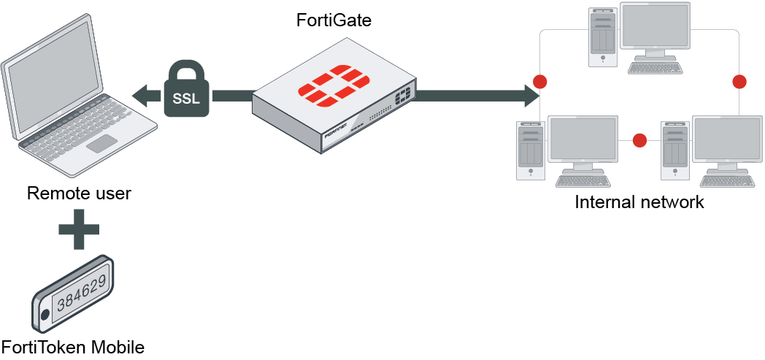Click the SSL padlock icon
point(187,92)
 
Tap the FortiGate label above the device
point(334,20)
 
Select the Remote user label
point(79,194)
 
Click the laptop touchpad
point(102,142)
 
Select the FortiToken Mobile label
point(73,345)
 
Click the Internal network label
point(639,202)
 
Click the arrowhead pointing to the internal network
point(531,93)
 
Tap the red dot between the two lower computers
point(639,139)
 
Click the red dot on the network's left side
point(540,80)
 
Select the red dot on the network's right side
point(739,80)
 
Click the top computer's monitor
point(654,28)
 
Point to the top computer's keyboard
point(656,68)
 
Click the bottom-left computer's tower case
point(529,150)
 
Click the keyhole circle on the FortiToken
point(45,315)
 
